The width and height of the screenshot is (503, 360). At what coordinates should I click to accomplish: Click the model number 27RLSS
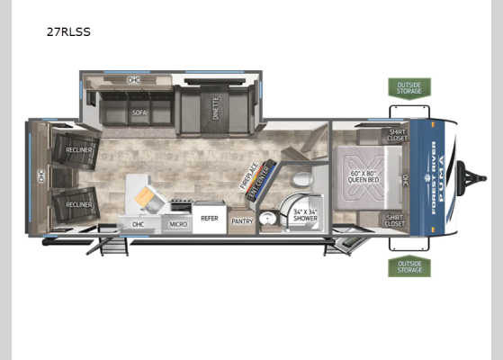pos(68,31)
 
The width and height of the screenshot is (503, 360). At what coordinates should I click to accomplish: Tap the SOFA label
pos(139,113)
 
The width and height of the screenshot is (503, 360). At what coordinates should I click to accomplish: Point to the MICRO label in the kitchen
pos(178,223)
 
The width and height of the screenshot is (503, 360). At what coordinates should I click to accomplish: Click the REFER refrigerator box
pos(209,219)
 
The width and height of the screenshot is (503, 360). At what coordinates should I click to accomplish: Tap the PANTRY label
pos(241,220)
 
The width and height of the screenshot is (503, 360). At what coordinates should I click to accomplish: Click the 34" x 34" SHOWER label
pos(306,215)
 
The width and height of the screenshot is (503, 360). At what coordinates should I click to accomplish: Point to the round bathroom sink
pos(267,219)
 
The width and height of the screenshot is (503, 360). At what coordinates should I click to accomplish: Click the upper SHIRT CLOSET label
pos(397,135)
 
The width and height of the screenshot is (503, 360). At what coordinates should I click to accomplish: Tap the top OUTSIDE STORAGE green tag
pos(409,87)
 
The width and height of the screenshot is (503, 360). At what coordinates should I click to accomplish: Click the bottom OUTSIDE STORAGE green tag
pos(409,266)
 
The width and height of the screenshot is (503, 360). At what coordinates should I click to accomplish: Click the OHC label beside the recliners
pos(41,177)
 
